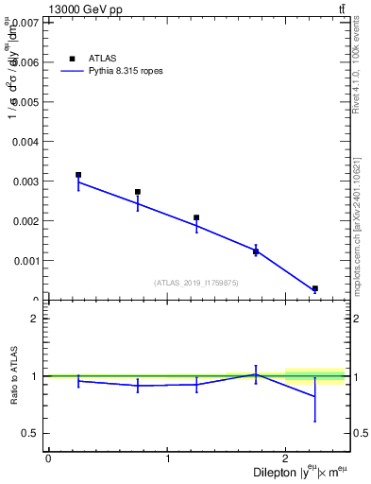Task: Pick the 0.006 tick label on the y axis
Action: coord(26,61)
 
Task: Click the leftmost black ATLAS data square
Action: coord(78,175)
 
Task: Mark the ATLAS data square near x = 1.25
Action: coord(196,217)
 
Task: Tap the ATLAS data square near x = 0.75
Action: coord(138,192)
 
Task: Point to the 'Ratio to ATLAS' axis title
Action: coord(12,375)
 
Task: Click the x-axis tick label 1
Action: coord(167,458)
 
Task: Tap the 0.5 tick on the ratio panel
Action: coord(32,434)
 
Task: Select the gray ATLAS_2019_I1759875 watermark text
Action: coord(196,283)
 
